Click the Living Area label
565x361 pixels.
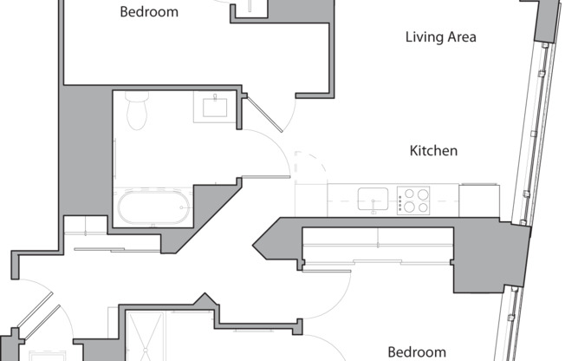(x=441, y=36)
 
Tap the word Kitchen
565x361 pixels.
(x=433, y=150)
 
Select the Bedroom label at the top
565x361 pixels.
(x=149, y=12)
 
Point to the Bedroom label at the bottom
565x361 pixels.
(x=417, y=351)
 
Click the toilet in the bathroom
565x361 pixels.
(x=137, y=110)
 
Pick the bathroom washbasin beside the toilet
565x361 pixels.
(x=215, y=107)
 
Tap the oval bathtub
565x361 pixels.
(x=153, y=207)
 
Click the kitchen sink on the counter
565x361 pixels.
(x=373, y=199)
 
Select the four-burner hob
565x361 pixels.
(x=413, y=200)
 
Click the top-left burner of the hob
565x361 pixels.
(x=409, y=194)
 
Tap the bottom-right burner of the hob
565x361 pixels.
(x=423, y=207)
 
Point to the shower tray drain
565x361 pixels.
(x=146, y=350)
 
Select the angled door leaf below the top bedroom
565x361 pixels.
(x=264, y=114)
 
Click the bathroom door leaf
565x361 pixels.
(x=266, y=177)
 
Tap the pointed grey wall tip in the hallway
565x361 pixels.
(x=253, y=246)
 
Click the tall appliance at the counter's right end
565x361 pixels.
(x=479, y=200)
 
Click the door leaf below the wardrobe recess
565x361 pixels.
(x=327, y=271)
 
